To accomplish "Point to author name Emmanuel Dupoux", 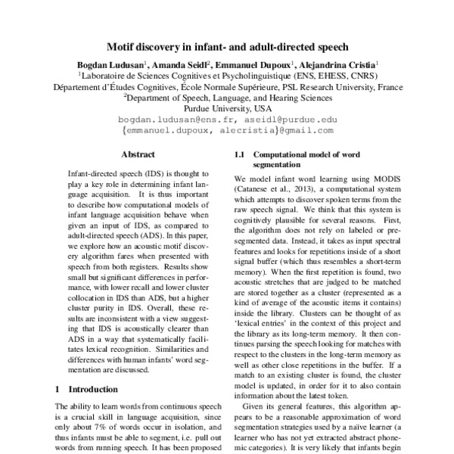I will [255, 65].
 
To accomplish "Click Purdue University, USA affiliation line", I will [228, 108].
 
